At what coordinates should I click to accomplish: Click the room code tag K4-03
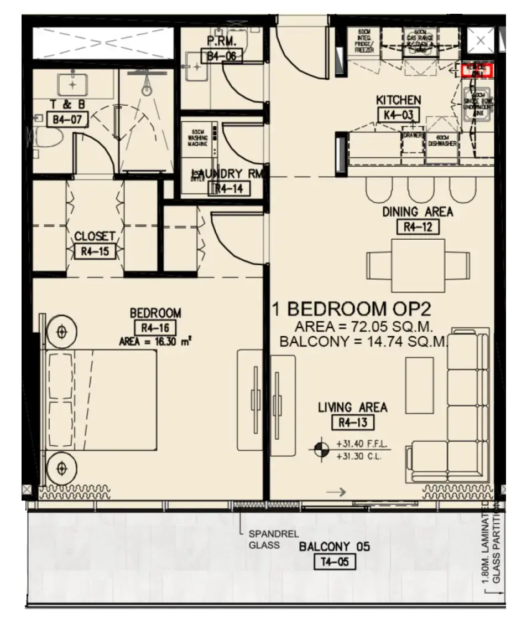398,115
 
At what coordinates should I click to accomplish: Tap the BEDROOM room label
155,313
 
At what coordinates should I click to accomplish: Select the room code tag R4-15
95,251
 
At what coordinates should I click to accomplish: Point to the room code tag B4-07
63,119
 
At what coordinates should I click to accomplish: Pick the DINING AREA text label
418,212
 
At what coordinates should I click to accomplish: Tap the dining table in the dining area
418,265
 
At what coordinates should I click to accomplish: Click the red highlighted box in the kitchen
476,70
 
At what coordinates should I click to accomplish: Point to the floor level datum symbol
320,450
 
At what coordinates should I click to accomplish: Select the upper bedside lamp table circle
61,332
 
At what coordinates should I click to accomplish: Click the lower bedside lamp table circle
61,468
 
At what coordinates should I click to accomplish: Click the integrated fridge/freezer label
365,41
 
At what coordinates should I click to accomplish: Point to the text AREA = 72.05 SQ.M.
363,325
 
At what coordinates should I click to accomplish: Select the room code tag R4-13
353,423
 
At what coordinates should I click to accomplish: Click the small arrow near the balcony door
336,492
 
